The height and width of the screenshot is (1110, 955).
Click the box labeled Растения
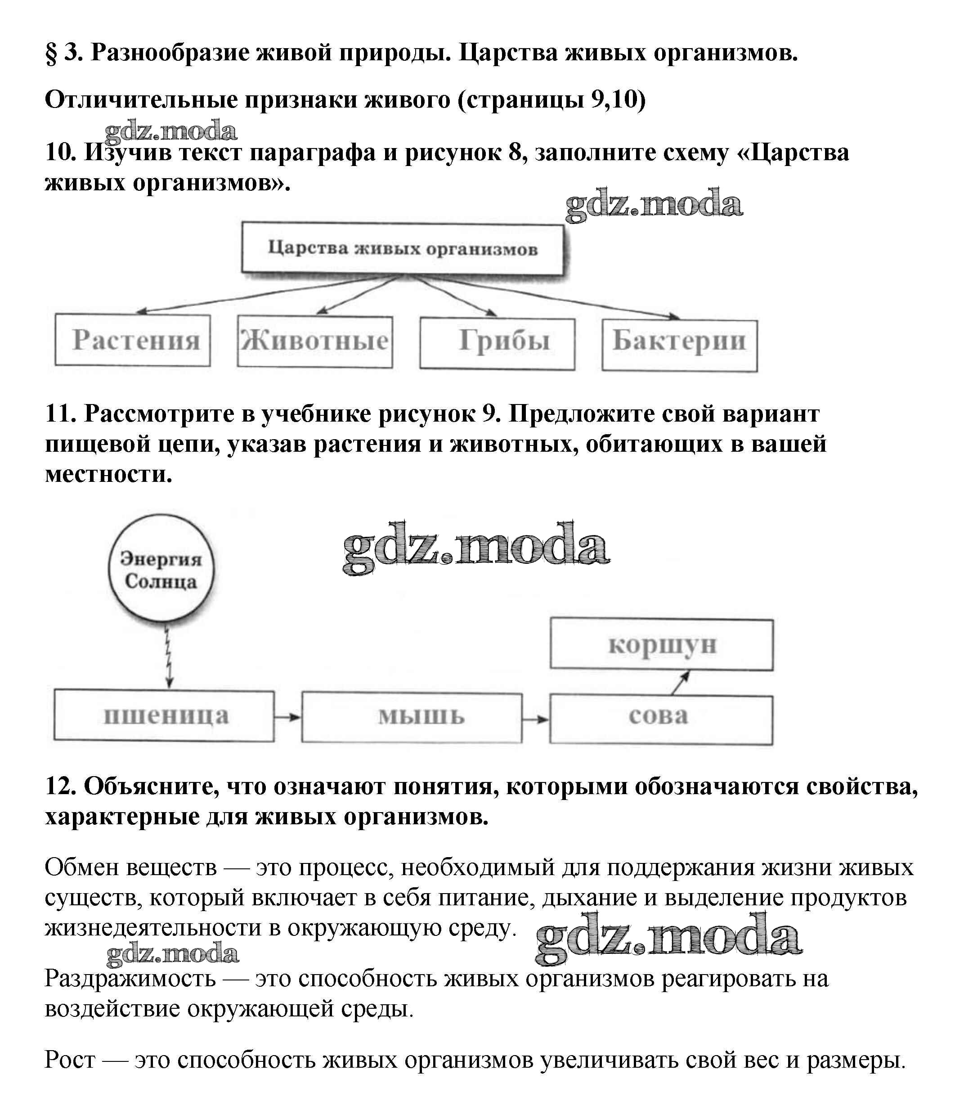(132, 340)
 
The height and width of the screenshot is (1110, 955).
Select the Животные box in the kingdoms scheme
(315, 341)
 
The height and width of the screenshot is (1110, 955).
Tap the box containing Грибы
(497, 343)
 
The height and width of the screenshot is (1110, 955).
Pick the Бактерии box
(679, 346)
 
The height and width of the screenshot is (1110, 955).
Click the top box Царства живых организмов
(402, 249)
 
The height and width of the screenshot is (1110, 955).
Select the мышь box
(411, 717)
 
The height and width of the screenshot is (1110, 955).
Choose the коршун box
(662, 644)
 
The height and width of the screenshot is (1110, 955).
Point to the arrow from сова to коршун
(680, 683)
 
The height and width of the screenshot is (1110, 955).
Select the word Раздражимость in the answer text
(130, 979)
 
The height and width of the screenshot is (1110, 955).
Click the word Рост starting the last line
(70, 1060)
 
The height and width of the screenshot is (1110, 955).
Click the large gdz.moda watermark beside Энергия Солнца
(475, 548)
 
